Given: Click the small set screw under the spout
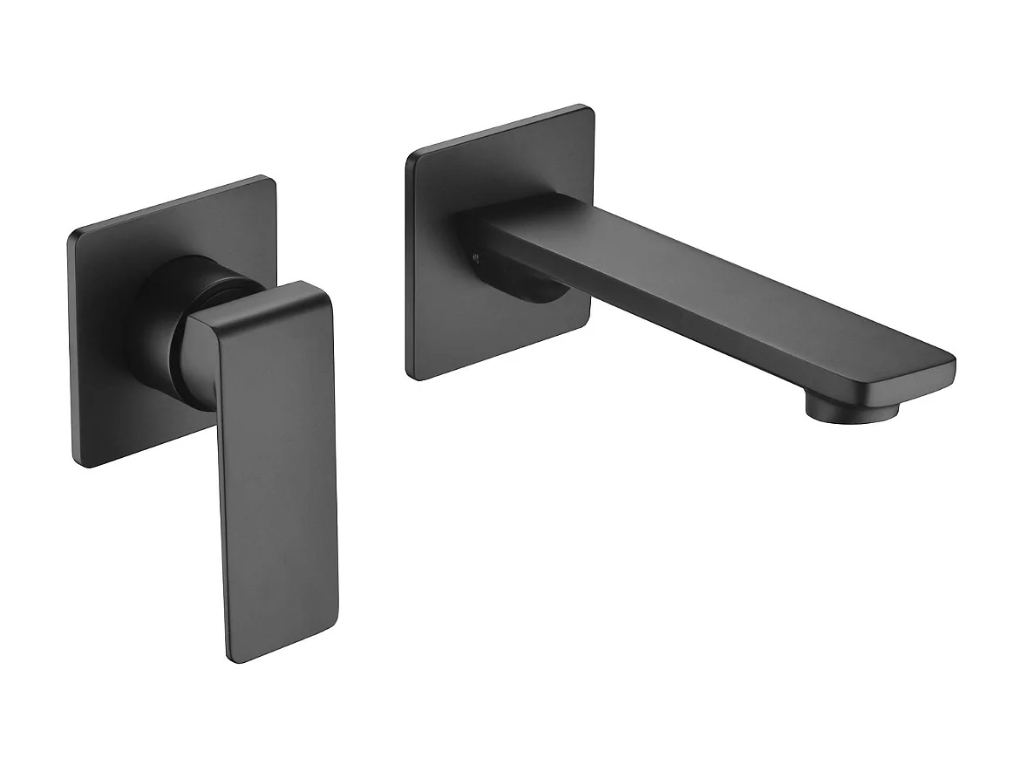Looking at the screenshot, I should [475, 257].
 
